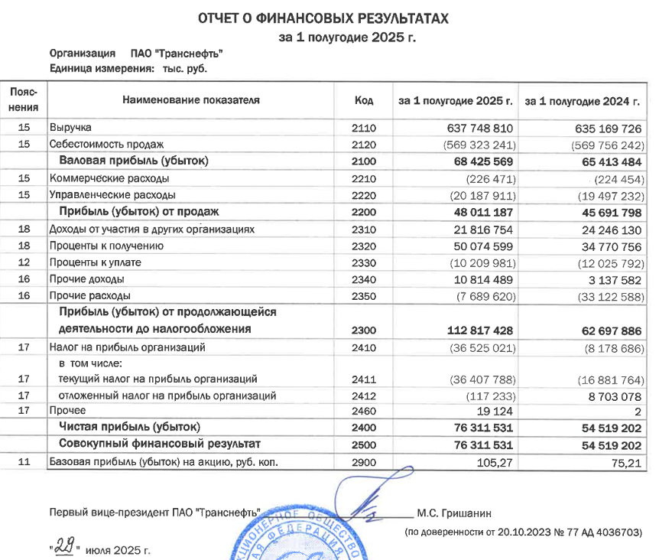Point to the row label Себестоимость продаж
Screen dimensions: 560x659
click(106, 144)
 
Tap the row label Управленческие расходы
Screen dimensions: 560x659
click(112, 195)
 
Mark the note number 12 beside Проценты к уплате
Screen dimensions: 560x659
click(23, 262)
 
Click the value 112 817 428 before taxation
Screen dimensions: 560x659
click(474, 330)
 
